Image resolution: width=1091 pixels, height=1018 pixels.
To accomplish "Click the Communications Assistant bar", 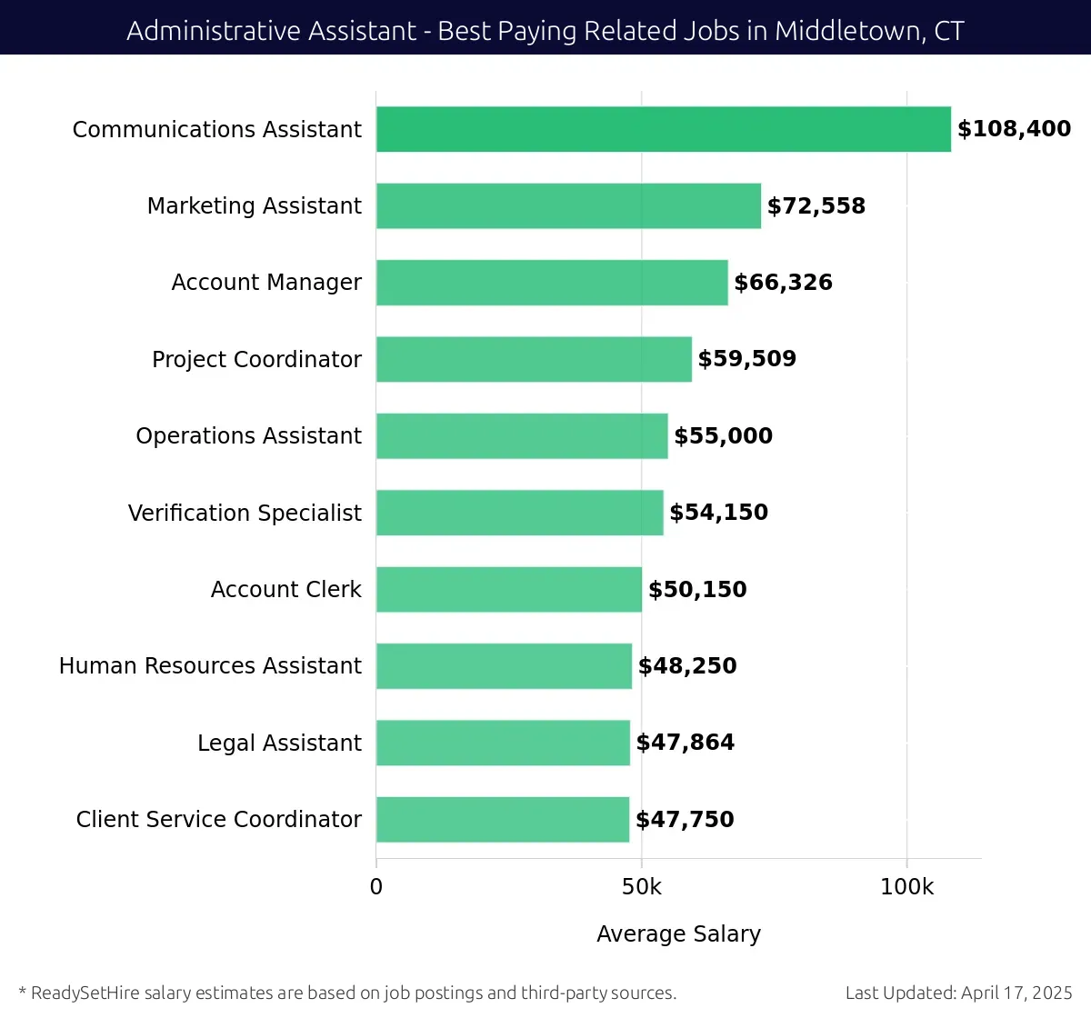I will [x=663, y=129].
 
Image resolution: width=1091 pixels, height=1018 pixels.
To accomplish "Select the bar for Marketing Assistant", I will [x=568, y=205].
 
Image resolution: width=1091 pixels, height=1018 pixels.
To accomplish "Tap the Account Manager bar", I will [x=552, y=283].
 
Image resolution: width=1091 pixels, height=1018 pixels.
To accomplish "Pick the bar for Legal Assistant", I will [x=503, y=743].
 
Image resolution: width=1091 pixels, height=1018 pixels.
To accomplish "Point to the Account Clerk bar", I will [x=508, y=589].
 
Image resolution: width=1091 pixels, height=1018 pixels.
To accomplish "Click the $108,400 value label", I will [x=1014, y=129].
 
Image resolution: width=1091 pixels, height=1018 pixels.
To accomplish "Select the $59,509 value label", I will [x=746, y=359].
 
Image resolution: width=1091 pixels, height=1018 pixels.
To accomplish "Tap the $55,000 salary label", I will [x=723, y=436].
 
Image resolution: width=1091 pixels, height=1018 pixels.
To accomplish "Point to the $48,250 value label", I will [x=687, y=666].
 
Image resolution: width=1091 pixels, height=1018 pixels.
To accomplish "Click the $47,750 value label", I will [x=685, y=820].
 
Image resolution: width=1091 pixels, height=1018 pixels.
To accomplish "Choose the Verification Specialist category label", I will [x=245, y=514].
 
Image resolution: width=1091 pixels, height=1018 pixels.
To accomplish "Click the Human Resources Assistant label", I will [x=210, y=666].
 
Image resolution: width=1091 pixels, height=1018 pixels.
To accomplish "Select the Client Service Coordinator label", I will [x=218, y=820].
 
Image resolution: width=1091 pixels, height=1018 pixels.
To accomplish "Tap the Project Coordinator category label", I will [x=256, y=360].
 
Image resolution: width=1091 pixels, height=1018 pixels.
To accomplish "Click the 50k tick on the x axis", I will [x=641, y=887].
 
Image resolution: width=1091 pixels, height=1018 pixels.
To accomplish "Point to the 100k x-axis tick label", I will [x=906, y=887].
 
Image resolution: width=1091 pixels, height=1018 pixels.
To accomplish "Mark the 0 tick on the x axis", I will [x=376, y=887].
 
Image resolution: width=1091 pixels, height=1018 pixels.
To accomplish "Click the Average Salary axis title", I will [x=678, y=934].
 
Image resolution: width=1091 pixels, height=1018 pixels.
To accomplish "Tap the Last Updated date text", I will [x=958, y=993].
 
